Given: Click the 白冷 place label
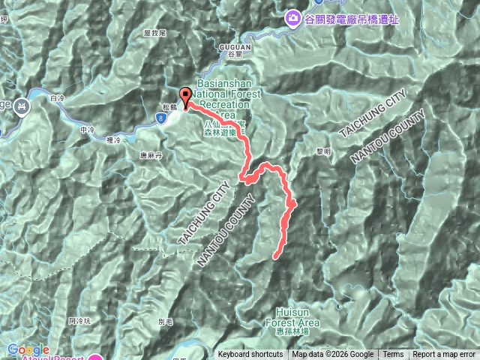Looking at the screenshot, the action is pos(57,98).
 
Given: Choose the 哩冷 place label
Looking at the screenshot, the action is pos(114,139).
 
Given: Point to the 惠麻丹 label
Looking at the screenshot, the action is pos(151,156).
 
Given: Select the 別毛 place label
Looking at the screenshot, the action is pos(166,320).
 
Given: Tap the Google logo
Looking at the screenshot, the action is pos(28,349).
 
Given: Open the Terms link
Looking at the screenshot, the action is pos(393,355).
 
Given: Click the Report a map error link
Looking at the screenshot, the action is pos(445,355).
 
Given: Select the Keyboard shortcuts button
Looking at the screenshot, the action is pos(250,355).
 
